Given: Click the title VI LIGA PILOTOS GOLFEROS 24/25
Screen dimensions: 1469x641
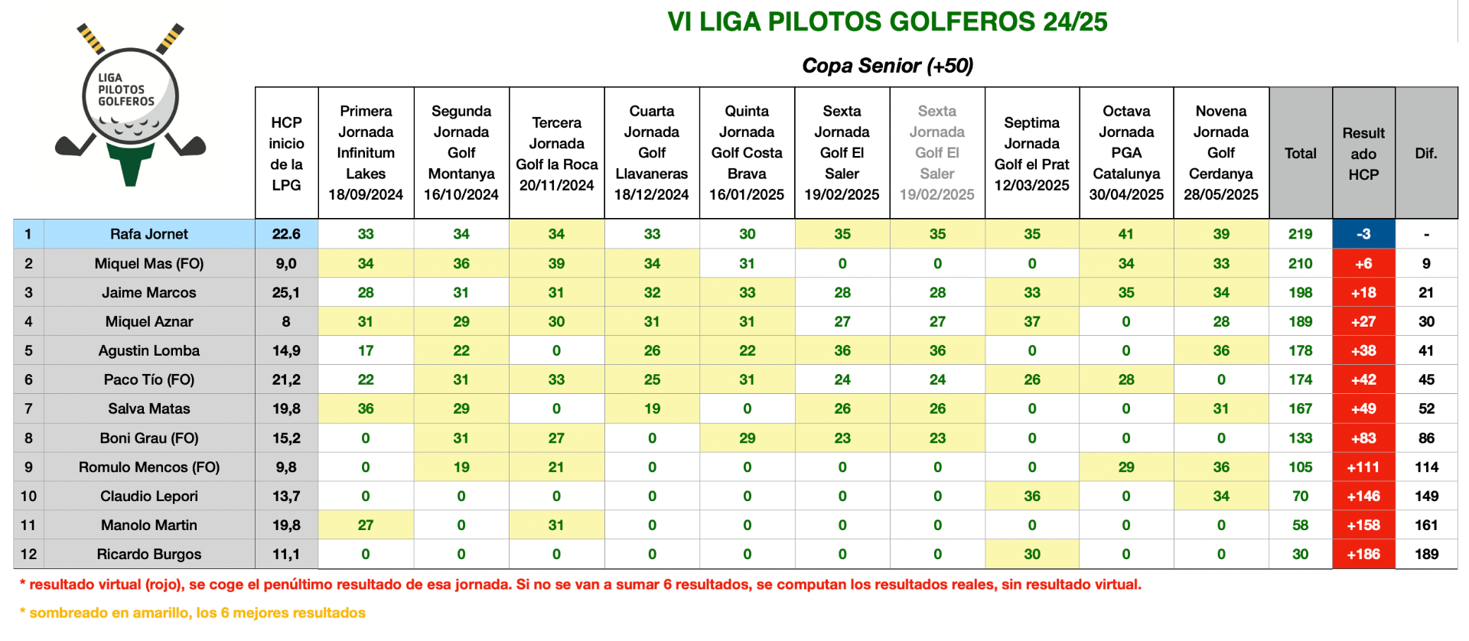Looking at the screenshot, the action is tap(888, 21).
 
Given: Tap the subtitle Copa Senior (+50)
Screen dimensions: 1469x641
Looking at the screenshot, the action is tap(888, 66).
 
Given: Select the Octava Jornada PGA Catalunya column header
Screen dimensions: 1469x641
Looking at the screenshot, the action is tap(1126, 153).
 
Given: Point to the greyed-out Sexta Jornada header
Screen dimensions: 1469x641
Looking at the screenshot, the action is tap(937, 153).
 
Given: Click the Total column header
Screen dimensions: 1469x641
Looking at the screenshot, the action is tap(1301, 153).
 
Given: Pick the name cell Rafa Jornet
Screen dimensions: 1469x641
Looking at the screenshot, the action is tap(149, 234).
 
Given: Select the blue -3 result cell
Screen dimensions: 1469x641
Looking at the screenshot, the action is tap(1363, 234).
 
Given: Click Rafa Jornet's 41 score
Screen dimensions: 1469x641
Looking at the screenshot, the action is tap(1126, 234).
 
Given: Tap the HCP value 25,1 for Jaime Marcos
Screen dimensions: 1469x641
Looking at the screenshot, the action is tap(286, 292).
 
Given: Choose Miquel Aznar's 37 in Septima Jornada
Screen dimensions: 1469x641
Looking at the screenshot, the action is tap(1032, 321).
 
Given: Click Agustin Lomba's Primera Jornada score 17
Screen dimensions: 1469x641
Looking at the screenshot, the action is tap(366, 350).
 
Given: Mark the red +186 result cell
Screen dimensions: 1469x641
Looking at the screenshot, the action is tap(1363, 554).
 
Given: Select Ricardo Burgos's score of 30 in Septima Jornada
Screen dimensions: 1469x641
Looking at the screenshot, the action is tap(1032, 554).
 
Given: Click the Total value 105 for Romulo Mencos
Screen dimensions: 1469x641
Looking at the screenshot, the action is tap(1301, 467).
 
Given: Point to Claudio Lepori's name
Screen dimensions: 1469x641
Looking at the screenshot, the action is tap(149, 496).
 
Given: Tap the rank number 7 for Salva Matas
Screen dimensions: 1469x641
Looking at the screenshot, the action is tap(28, 408).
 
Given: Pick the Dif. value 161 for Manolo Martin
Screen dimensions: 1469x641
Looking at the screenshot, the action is tap(1427, 525).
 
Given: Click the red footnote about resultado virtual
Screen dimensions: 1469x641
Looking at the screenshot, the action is tap(581, 584).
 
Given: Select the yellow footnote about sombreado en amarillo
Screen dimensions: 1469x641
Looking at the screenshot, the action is tap(193, 613).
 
